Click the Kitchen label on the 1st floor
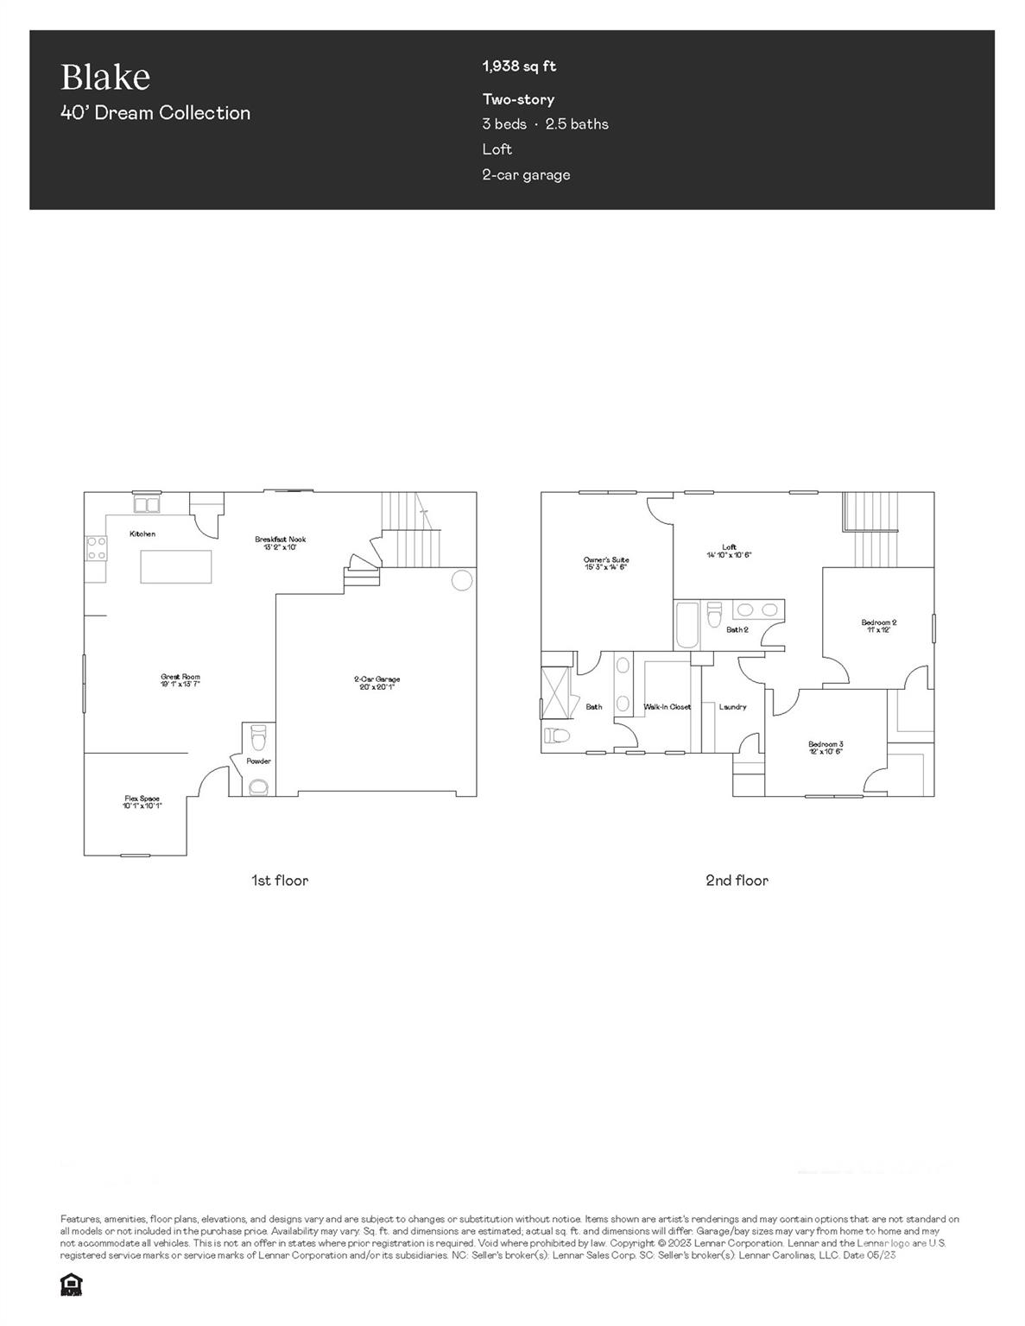click(x=142, y=534)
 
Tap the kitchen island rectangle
click(x=176, y=566)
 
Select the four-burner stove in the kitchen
click(x=96, y=547)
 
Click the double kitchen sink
click(x=146, y=504)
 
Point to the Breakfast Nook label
click(x=280, y=540)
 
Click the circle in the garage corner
click(x=463, y=579)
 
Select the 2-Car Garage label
click(x=376, y=679)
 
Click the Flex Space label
click(x=142, y=799)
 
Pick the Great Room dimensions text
click(x=180, y=684)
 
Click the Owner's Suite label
click(x=606, y=560)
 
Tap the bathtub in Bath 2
click(x=687, y=625)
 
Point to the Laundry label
click(x=732, y=707)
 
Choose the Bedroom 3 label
click(x=826, y=744)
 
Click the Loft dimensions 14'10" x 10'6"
click(x=729, y=555)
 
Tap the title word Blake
click(x=105, y=77)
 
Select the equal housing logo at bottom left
click(x=71, y=1285)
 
